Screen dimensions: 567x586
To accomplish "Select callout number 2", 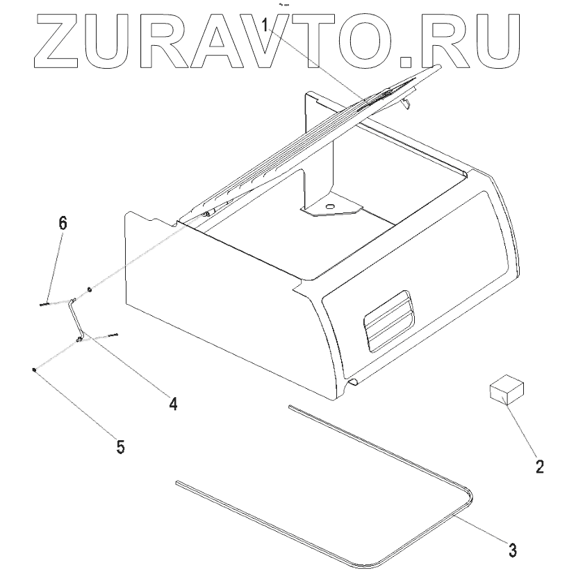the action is pos(539,466).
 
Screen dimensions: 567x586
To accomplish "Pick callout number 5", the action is pos(120,446).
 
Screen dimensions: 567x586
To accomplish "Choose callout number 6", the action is pos(63,224).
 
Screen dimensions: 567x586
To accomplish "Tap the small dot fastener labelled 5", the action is pos(35,370).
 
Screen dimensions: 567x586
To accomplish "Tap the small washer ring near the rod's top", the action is pos(90,290).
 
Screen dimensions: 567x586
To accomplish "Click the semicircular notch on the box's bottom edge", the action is pos(352,383).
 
